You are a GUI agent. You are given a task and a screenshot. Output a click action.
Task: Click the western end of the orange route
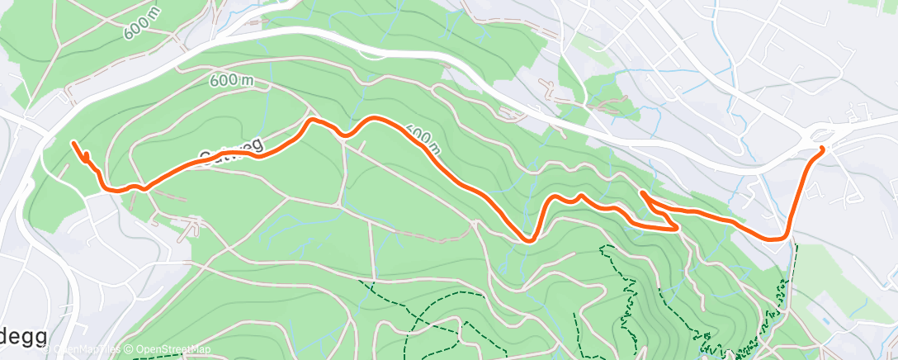74,144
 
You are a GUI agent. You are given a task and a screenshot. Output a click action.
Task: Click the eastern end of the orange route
821,149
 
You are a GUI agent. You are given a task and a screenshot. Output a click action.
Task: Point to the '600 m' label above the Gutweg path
231,80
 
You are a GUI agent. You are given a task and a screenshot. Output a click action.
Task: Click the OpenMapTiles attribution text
86,350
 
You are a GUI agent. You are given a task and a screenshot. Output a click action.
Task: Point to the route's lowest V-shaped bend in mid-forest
527,240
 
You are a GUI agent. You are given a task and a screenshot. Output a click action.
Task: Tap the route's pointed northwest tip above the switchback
641,192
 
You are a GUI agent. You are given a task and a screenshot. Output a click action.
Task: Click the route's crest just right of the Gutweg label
312,121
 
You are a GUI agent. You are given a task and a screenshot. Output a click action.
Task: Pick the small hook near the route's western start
86,156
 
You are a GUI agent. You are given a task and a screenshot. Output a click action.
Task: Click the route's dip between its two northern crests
347,135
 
